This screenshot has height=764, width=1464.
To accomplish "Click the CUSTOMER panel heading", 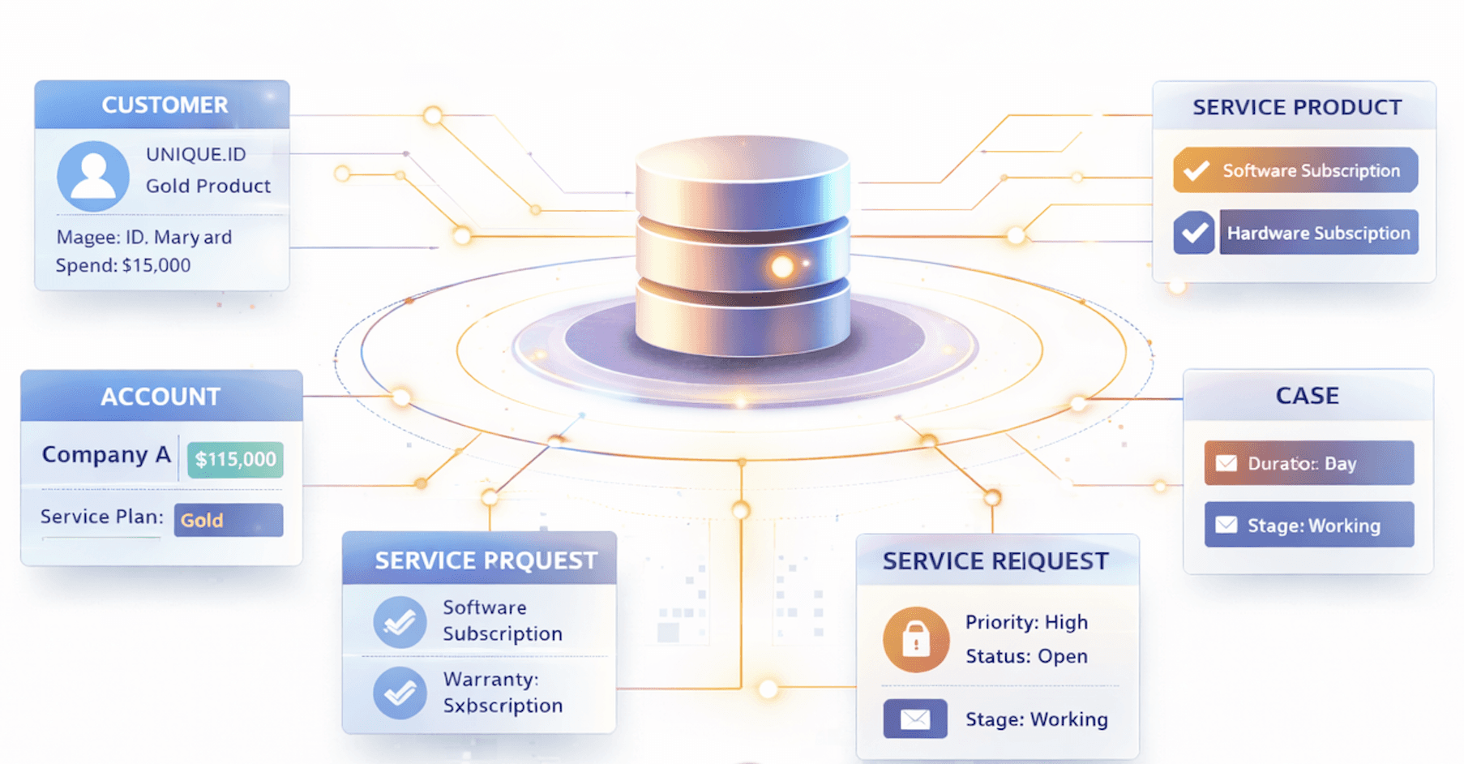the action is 165,105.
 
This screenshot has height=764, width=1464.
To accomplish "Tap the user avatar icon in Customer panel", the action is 93,176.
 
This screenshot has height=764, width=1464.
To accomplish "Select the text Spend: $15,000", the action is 123,265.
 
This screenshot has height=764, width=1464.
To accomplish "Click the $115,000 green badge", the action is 235,459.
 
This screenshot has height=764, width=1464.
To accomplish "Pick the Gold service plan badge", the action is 228,520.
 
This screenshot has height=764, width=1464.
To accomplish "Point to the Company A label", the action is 106,455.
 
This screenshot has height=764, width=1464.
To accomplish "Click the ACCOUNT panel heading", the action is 161,397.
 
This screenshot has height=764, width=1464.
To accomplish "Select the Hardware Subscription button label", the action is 1318,233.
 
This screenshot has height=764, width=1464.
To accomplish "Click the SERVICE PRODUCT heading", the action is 1297,107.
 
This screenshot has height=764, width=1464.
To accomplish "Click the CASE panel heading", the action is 1307,396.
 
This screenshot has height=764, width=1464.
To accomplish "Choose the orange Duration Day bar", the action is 1308,463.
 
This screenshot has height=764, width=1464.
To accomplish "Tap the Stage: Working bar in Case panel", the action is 1308,525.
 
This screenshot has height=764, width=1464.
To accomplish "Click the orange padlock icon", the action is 916,639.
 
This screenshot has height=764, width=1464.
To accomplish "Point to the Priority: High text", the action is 1026,622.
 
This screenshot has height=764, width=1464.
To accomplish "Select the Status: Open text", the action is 1026,656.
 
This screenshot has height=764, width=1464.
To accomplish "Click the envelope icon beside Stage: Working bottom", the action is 915,719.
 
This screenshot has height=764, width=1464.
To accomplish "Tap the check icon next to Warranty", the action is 400,693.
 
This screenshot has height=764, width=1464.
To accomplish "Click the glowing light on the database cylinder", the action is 782,266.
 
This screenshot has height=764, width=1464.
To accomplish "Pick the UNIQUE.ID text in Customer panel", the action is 195,154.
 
